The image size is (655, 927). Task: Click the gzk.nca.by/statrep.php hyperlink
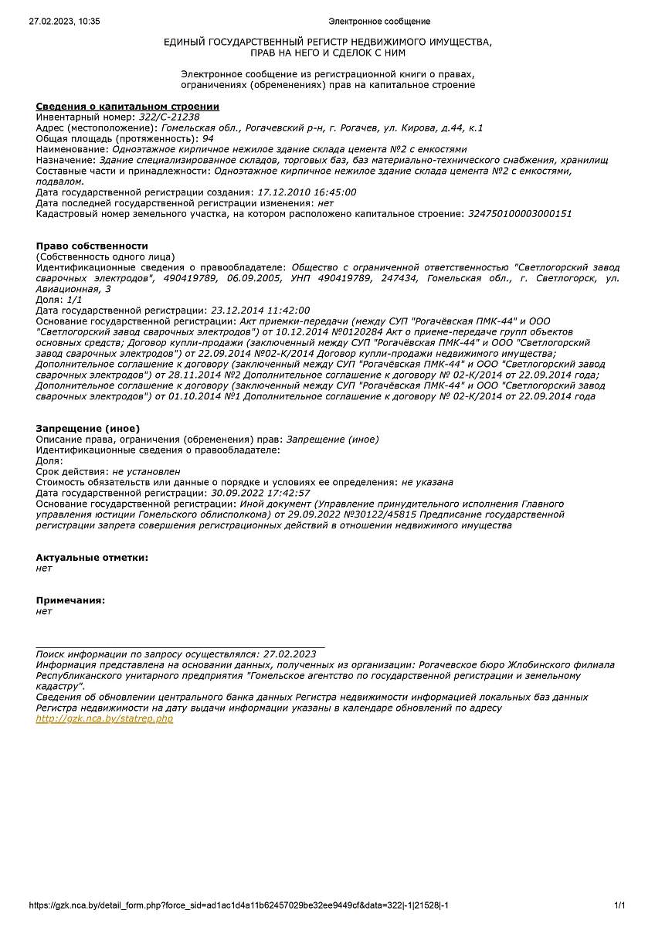[x=104, y=718]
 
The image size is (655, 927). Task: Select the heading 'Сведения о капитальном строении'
[x=127, y=107]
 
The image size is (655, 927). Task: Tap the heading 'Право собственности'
[x=91, y=246]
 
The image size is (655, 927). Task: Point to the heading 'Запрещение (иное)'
[x=87, y=429]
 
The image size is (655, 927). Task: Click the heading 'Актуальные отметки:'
[x=92, y=557]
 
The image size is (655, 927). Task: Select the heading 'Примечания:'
[x=70, y=600]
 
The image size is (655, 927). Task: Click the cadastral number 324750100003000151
[x=520, y=213]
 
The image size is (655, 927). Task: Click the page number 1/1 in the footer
[x=619, y=905]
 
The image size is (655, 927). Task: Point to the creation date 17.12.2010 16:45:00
[x=306, y=192]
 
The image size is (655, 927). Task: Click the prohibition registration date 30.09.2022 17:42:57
[x=260, y=492]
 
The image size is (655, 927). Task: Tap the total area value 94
[x=208, y=138]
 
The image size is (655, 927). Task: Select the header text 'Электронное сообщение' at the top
[x=379, y=22]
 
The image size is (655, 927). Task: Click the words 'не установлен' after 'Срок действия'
[x=146, y=470]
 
